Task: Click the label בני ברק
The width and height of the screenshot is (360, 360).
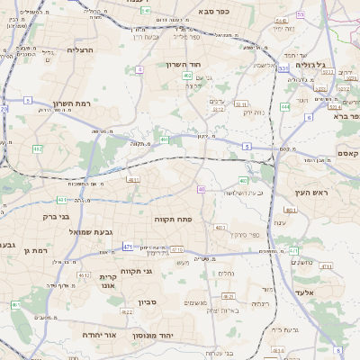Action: (x=57, y=216)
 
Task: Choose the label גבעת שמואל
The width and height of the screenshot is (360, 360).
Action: (x=90, y=231)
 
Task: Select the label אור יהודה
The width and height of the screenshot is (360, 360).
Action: (x=99, y=334)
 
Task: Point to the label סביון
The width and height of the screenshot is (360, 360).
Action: (x=148, y=302)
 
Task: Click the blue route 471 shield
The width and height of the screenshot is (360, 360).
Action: (x=128, y=247)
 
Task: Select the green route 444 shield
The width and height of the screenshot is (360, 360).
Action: (x=285, y=107)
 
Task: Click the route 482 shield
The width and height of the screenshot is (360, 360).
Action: (x=38, y=148)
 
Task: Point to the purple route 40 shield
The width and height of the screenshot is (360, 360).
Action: (x=202, y=189)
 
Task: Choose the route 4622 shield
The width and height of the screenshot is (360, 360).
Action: (x=126, y=312)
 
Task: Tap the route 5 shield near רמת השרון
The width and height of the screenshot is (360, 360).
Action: (x=28, y=100)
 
